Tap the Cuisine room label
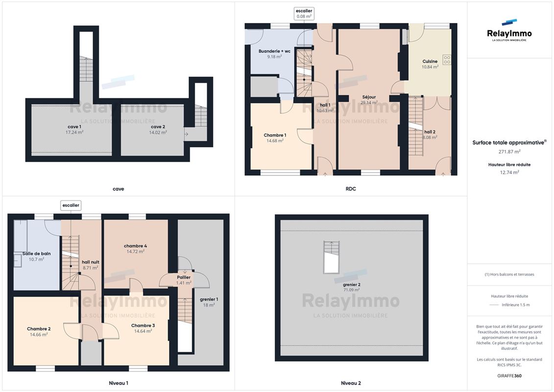(x=430, y=62)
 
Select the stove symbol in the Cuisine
(x=447, y=60)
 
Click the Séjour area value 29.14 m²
(x=369, y=103)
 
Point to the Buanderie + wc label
(x=274, y=51)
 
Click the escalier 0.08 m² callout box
(x=304, y=14)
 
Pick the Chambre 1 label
(x=275, y=135)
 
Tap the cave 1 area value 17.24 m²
(x=74, y=133)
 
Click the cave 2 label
(x=158, y=127)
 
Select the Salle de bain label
(x=36, y=254)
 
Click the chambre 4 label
(x=135, y=246)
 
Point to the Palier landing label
(x=184, y=277)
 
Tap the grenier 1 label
(x=209, y=300)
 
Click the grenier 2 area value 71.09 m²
(x=352, y=290)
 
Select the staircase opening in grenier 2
(x=331, y=257)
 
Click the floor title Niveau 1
(x=119, y=383)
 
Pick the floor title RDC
(x=351, y=189)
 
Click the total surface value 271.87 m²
(x=509, y=152)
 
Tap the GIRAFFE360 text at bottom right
(x=509, y=376)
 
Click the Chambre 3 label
(x=143, y=325)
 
